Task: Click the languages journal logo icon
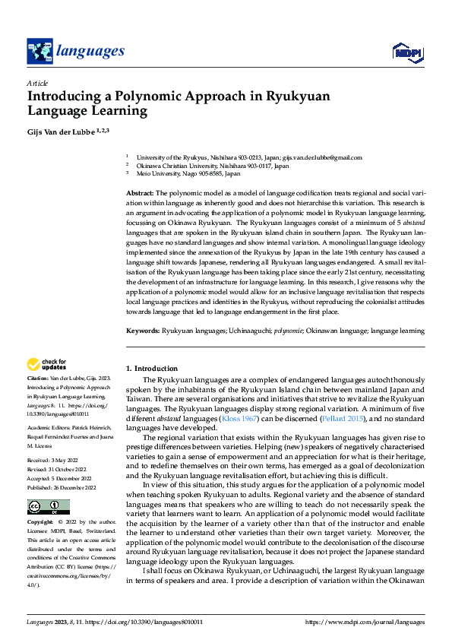point(40,51)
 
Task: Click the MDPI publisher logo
point(408,52)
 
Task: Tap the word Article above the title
point(37,83)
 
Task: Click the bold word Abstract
point(140,195)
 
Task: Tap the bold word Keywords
point(142,331)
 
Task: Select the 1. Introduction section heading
point(152,369)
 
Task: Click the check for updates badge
point(46,364)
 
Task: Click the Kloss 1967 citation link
point(239,418)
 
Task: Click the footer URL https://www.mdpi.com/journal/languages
point(365,623)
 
